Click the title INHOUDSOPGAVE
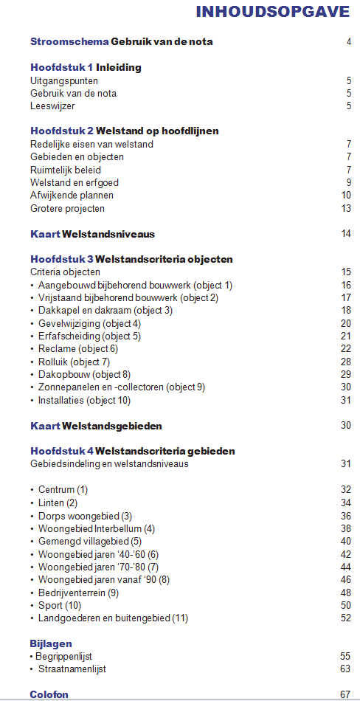pos(272,12)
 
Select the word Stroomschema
pos(69,41)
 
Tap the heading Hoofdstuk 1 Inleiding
pos(86,67)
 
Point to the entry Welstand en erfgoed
pos(75,182)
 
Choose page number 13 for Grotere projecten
pos(345,209)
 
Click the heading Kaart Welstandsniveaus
pos(92,234)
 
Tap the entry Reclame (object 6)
pos(77,349)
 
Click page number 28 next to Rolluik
pos(345,362)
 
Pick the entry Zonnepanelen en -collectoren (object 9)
pos(122,387)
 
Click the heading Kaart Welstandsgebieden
pos(96,426)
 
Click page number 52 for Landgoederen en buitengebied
pos(345,618)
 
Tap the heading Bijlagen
pos(51,643)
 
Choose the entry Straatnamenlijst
pos(72,669)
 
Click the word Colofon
pos(49,694)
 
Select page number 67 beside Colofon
pos(345,694)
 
